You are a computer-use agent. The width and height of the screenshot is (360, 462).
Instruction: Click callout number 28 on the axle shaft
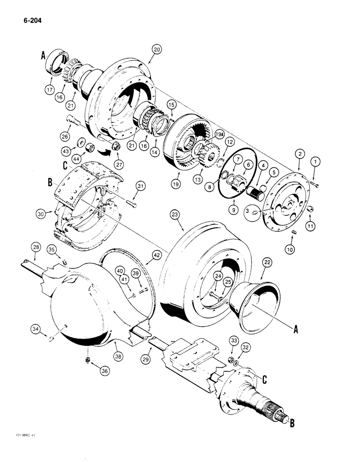36,248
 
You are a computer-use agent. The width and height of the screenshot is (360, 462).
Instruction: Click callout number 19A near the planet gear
219,134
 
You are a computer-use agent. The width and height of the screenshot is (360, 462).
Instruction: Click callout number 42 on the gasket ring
146,255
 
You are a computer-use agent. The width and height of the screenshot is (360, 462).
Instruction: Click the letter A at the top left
44,56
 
